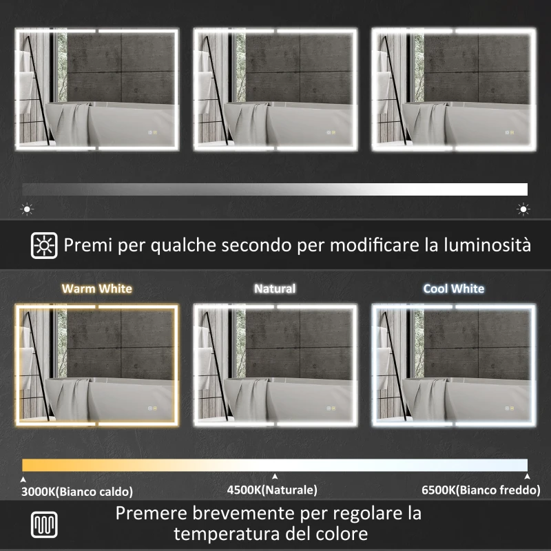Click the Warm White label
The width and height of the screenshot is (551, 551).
tap(96, 289)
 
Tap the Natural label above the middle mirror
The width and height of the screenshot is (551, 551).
tap(275, 289)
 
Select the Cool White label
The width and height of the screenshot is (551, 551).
tap(454, 289)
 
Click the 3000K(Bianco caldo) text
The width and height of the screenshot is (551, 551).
tap(76, 491)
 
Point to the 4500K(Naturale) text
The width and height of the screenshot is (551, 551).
tap(272, 490)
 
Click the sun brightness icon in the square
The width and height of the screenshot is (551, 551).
tap(44, 245)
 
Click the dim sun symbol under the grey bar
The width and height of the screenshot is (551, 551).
tap(28, 209)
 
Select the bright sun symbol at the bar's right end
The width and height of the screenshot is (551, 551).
tap(523, 209)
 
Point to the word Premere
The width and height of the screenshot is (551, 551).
tap(152, 513)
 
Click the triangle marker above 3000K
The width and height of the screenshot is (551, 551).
tap(24, 477)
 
